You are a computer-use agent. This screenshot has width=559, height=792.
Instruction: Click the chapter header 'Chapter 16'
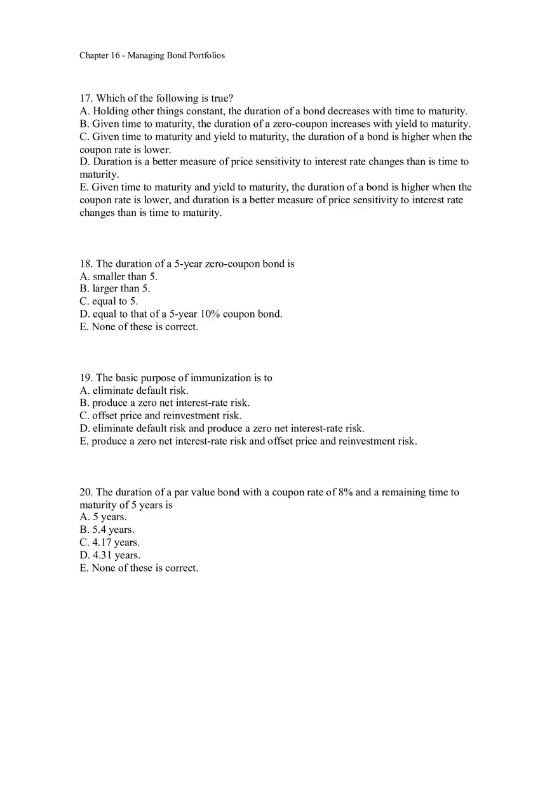point(100,55)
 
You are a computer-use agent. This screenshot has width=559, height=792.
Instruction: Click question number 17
point(86,98)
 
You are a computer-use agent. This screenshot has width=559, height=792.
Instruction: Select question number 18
point(86,264)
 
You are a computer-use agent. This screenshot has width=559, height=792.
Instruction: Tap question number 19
point(86,378)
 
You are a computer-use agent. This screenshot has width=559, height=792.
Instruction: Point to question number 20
point(86,492)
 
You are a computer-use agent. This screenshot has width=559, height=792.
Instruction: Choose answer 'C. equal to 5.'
point(109,302)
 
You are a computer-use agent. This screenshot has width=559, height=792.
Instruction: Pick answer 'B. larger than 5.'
point(115,289)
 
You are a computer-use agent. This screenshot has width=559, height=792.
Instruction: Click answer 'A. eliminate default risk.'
point(134,391)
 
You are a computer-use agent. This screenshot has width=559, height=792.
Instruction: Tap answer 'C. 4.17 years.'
point(109,543)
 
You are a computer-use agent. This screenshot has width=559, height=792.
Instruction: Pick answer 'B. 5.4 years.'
point(107,530)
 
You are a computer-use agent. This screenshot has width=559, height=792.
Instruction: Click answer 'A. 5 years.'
point(103,518)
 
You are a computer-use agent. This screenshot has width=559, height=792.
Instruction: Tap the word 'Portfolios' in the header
point(206,55)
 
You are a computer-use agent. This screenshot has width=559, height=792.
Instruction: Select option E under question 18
point(138,327)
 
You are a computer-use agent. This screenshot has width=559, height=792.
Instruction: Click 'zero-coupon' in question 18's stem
point(229,264)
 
